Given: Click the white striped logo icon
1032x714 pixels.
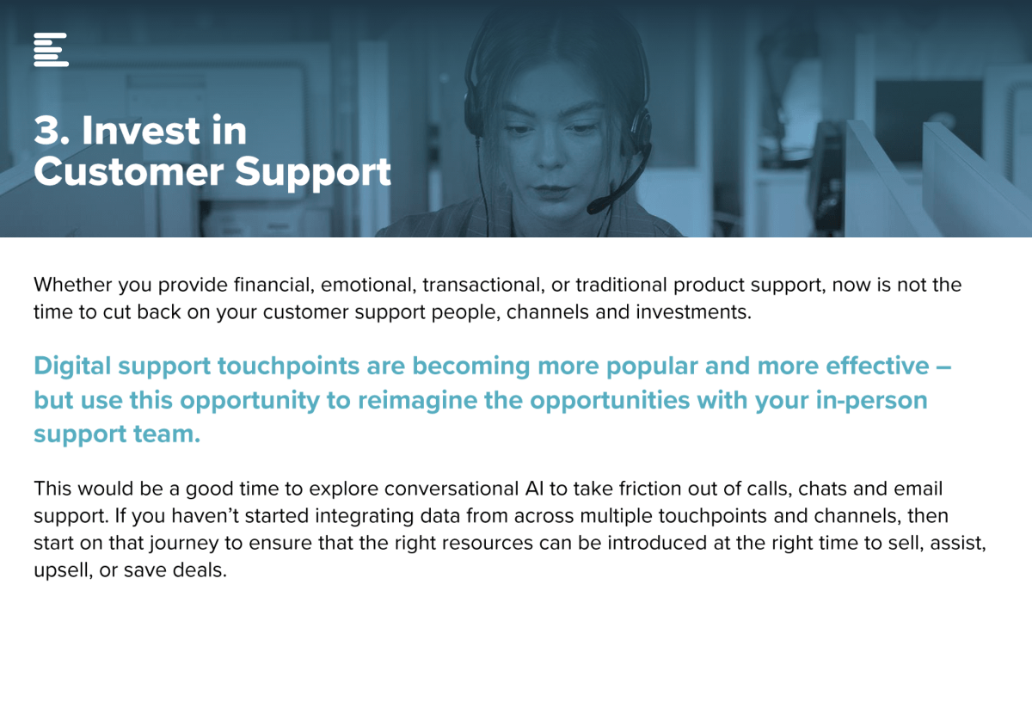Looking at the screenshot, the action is pos(51,49).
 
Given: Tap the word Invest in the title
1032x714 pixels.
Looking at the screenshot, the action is pos(141,131).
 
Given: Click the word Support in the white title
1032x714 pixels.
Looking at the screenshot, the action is pos(313,173).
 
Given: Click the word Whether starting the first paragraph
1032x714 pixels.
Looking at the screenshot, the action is pos(72,285).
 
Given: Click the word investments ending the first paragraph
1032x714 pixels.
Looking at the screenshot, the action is pos(693,312).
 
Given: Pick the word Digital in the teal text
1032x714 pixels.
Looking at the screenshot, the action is pos(72,366).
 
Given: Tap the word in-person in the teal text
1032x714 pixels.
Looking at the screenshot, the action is pos(872,401).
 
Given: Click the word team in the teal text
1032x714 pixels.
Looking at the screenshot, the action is pos(167,434).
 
